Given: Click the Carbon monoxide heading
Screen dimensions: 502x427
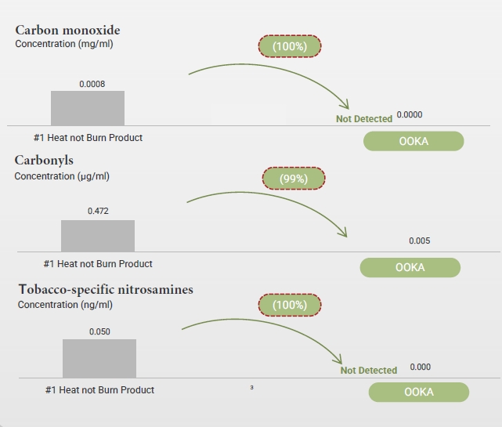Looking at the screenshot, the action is [x=67, y=30].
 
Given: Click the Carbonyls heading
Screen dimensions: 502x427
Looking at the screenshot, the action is [x=44, y=160].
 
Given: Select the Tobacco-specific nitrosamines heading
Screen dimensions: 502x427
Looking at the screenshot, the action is [x=106, y=290].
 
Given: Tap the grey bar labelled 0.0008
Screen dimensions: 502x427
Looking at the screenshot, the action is [x=88, y=108].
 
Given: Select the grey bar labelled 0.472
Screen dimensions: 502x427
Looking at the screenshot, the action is [x=98, y=236].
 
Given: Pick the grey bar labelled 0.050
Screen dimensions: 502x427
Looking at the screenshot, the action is [x=99, y=359].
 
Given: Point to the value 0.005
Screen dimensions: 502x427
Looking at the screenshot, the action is [x=420, y=241].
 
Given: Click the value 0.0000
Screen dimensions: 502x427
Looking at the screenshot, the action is [x=410, y=114].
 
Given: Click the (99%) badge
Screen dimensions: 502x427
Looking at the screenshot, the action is [x=294, y=179].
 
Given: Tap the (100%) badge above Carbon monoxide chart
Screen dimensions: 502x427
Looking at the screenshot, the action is [x=290, y=46].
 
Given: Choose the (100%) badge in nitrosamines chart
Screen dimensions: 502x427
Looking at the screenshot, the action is [x=290, y=305].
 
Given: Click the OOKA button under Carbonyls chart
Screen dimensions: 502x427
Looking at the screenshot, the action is [x=410, y=267].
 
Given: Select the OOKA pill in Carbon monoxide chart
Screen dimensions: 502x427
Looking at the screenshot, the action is [x=414, y=141].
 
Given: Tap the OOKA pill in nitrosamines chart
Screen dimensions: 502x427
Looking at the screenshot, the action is [x=419, y=392].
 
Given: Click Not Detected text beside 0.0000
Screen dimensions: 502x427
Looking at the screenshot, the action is [x=364, y=119].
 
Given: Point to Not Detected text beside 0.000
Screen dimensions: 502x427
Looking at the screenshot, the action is [x=369, y=371].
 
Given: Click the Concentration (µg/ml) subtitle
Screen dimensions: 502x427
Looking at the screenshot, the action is [x=62, y=176].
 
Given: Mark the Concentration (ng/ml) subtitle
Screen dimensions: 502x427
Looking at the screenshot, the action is [x=65, y=305].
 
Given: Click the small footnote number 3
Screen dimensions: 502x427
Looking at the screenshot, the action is [x=251, y=388].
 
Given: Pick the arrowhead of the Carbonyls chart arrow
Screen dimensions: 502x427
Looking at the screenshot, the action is [x=347, y=237].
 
